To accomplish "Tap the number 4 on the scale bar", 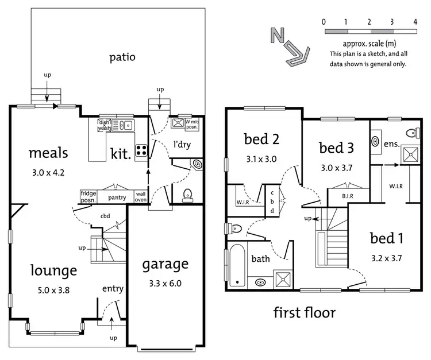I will pos(414,22).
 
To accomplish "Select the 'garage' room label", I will pos(166,264).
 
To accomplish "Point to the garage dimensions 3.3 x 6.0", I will pos(166,282).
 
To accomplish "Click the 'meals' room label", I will pos(48,153).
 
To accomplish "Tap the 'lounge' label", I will pos(46,270).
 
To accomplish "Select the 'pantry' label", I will pos(117,198).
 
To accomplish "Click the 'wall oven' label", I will pos(140,197).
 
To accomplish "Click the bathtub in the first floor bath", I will pos(236,265).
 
